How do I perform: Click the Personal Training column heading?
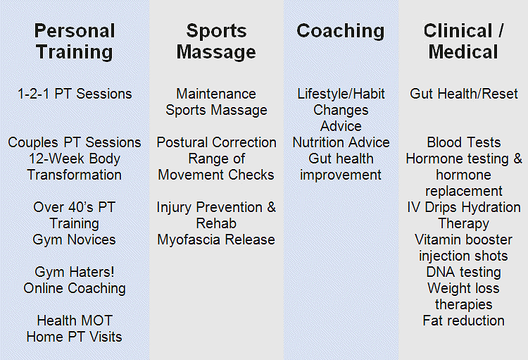(x=75, y=42)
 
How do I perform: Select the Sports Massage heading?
(x=216, y=42)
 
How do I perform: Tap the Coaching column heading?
(x=341, y=31)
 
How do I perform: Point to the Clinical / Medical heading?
(x=463, y=42)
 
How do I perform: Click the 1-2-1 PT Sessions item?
(x=75, y=94)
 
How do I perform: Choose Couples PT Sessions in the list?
(x=75, y=142)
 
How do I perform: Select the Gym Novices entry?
(x=74, y=240)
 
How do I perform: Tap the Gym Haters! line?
(x=75, y=272)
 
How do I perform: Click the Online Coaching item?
(x=75, y=288)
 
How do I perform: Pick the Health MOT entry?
(x=75, y=321)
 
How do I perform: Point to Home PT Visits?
(x=74, y=337)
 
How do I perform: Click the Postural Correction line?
(x=217, y=142)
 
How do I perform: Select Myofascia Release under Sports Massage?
(x=216, y=240)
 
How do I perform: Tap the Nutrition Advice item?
(x=341, y=142)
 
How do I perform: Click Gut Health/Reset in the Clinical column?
(x=464, y=94)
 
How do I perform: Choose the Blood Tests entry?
(x=464, y=142)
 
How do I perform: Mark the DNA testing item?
(x=464, y=272)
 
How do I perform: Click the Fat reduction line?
(x=464, y=321)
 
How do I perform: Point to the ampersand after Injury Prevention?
(x=272, y=207)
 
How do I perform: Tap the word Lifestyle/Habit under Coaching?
(x=341, y=94)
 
